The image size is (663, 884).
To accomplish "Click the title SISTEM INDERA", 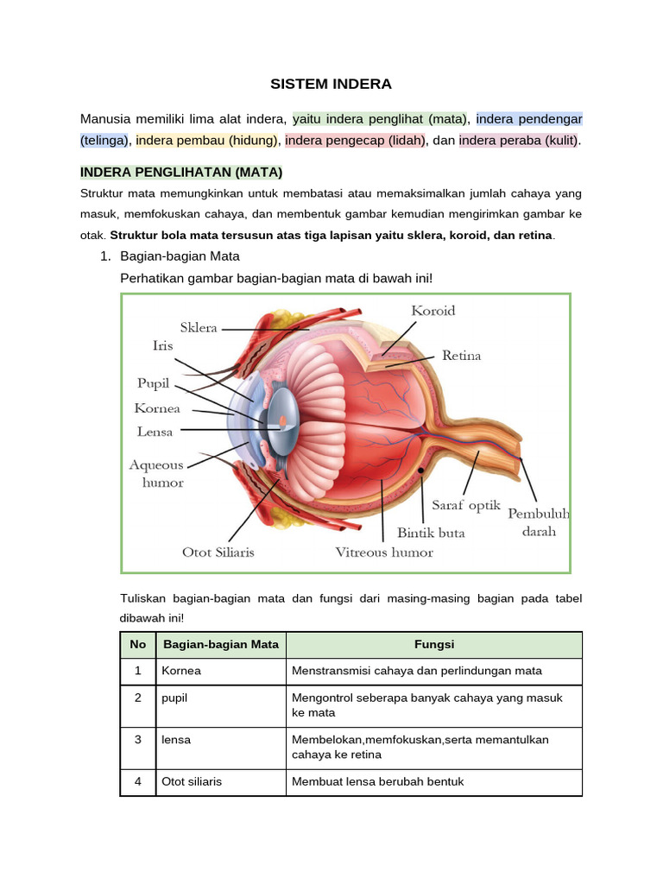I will [331, 84].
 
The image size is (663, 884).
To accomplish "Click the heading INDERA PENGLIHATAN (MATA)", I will [181, 171].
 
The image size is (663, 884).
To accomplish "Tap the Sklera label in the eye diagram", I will [199, 327].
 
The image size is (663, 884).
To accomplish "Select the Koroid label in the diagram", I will [433, 311].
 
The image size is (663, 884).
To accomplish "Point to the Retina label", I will [461, 355].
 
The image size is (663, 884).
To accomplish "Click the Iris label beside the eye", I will [163, 345].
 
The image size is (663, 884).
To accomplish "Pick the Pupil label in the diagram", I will [153, 383].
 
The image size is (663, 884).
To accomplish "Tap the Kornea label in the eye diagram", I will [157, 408].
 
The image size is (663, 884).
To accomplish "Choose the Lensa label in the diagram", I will [155, 432].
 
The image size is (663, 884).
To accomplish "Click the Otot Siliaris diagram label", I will [218, 552].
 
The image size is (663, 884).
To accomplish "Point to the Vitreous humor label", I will [384, 552].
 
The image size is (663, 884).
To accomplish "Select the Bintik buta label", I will [431, 533].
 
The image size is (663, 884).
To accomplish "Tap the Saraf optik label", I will [466, 506].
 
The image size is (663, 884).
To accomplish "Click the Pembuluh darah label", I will [539, 522].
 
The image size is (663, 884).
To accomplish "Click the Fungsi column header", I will [434, 645].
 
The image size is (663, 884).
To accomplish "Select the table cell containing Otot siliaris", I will [192, 781].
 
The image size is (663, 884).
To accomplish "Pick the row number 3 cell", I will [137, 740].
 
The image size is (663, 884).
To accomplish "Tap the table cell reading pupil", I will [174, 698].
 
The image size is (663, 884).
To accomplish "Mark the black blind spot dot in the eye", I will [420, 471].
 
